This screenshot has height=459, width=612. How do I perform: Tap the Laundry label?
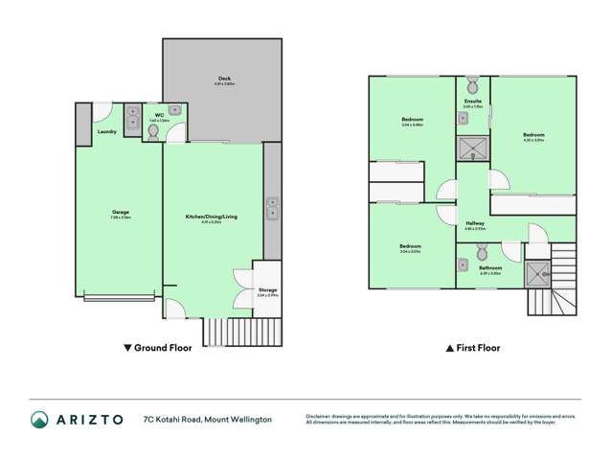click(107, 131)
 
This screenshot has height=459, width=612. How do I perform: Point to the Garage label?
click(121, 212)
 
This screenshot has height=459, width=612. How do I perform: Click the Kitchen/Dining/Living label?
click(211, 218)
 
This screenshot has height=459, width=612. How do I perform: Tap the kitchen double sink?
click(273, 206)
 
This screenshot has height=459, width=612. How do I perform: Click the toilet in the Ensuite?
click(472, 82)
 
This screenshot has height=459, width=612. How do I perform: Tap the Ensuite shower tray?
click(472, 148)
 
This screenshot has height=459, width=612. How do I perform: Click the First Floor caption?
click(473, 348)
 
